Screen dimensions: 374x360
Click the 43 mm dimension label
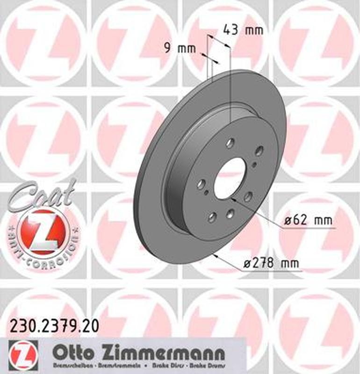tap(243, 30)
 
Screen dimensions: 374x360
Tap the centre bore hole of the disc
tap(230, 177)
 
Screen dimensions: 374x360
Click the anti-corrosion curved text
tap(44, 253)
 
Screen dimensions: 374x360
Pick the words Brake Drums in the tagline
tap(208, 365)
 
